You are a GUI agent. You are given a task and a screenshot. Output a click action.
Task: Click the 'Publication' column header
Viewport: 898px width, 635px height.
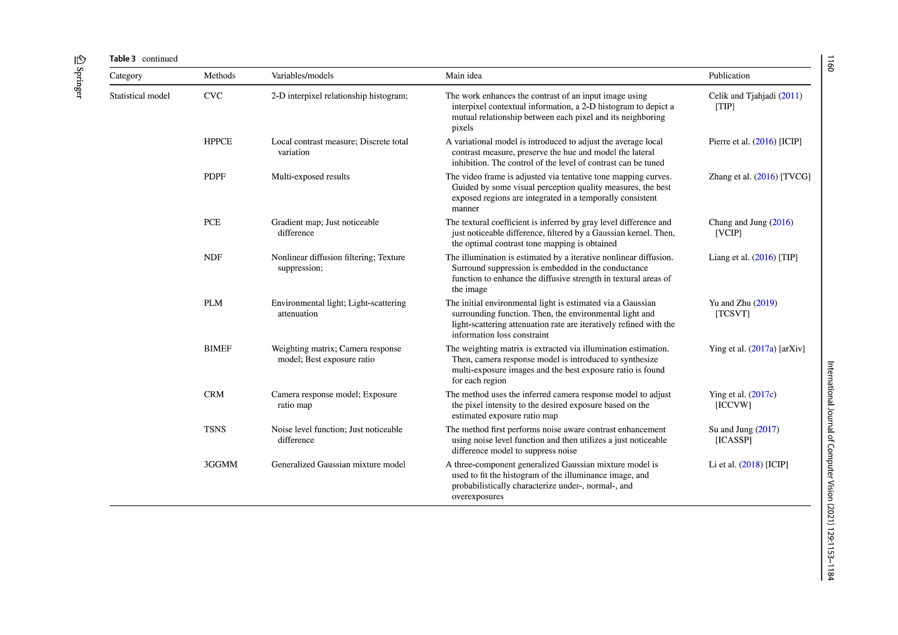729,76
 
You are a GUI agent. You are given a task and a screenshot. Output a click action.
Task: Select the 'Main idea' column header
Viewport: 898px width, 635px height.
463,76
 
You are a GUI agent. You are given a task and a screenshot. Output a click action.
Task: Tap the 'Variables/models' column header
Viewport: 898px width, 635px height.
302,76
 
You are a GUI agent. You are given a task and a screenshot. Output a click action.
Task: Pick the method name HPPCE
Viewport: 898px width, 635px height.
218,142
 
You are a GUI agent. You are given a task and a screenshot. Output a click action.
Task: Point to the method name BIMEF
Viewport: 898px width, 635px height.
217,349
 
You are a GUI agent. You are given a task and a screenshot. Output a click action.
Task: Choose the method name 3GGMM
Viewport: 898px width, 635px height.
221,464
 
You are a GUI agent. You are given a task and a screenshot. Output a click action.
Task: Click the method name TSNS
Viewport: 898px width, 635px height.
215,430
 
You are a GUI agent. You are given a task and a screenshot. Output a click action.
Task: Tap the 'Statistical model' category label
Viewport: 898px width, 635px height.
140,96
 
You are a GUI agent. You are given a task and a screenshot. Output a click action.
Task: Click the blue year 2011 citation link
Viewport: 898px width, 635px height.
790,96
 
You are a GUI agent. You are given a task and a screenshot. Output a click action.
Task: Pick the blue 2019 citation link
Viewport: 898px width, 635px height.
765,303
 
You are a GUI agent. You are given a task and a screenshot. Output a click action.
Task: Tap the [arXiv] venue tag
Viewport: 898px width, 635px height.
792,349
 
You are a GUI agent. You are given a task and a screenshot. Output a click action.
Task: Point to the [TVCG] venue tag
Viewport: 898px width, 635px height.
795,177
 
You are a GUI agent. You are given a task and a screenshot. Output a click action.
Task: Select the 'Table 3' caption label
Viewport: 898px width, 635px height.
122,59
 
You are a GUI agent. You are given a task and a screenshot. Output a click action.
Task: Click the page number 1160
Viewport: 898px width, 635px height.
830,63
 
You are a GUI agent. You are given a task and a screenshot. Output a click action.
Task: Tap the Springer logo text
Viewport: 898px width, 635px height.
79,82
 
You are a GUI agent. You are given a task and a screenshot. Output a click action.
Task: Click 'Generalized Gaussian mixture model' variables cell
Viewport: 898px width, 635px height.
338,464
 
